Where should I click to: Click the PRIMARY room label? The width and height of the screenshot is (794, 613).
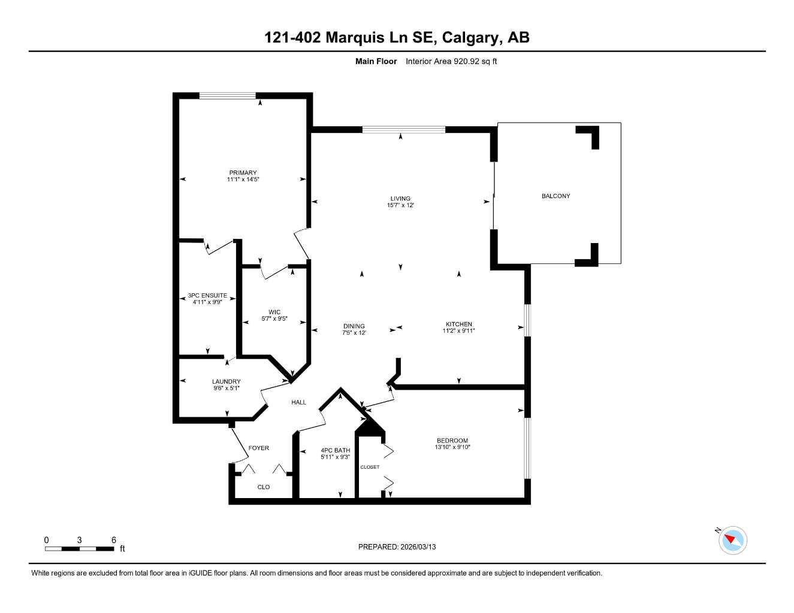[x=242, y=173]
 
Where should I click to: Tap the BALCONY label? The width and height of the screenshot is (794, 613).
[x=556, y=196]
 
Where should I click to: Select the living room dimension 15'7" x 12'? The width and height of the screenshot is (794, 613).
[x=400, y=205]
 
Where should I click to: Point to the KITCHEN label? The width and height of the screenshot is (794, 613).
[x=458, y=324]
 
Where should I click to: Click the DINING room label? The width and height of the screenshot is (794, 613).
[x=354, y=326]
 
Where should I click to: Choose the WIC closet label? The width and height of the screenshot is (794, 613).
[x=274, y=312]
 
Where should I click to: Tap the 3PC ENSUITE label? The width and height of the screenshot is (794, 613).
[x=207, y=296]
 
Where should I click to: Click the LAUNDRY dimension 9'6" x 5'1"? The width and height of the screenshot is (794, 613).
[x=227, y=389]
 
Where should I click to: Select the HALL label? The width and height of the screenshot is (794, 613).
[x=298, y=402]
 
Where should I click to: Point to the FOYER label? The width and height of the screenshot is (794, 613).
[x=259, y=448]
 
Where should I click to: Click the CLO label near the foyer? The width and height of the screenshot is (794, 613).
[x=264, y=487]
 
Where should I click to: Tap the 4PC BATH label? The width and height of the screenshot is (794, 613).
[x=336, y=450]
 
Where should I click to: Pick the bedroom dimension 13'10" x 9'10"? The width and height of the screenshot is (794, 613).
[x=452, y=447]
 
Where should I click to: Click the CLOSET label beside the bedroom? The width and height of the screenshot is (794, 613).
[x=370, y=467]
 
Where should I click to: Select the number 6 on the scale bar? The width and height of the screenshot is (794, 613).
[x=113, y=539]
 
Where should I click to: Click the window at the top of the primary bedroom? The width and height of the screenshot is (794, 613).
[x=228, y=95]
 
